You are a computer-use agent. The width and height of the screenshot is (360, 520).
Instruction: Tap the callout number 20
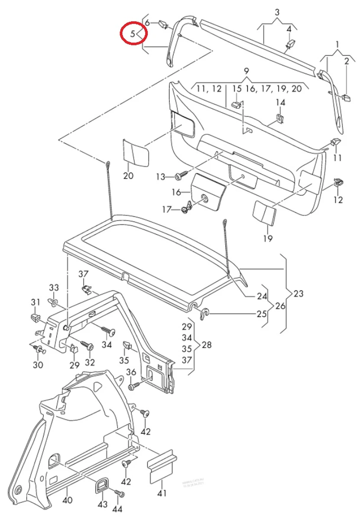pos(128,176)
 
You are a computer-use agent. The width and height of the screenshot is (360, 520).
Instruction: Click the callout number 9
pos(246,71)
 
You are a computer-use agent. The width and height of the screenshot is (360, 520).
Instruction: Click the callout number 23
pos(298,294)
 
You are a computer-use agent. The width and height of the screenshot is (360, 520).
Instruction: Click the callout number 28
pos(207,345)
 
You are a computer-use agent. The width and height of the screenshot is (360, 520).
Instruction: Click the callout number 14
pos(281,102)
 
